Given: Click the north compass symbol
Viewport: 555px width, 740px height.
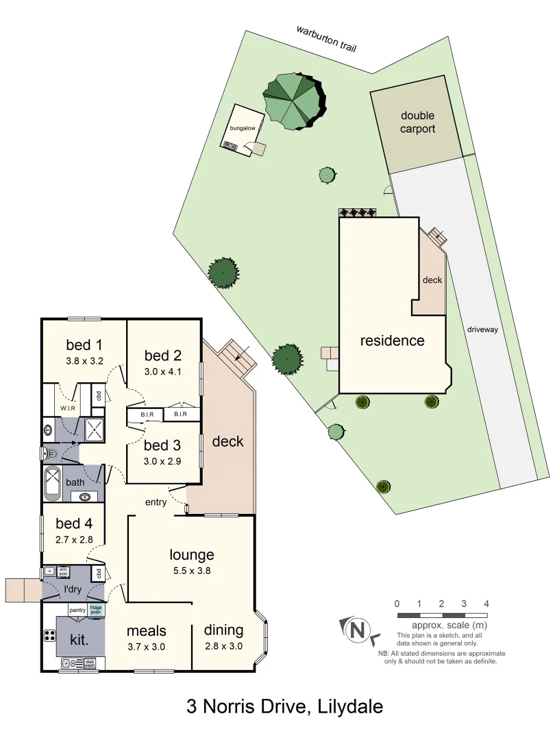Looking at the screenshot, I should point(357,629).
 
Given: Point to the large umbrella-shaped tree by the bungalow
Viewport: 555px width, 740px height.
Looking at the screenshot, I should point(295,101).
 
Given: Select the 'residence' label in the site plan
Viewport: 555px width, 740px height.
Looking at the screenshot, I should point(393,341).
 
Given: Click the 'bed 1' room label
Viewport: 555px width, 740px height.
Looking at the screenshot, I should point(84,344).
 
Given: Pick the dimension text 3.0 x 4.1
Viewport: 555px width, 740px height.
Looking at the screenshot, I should point(162,372).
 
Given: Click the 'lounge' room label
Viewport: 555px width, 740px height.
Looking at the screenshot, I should point(192,555).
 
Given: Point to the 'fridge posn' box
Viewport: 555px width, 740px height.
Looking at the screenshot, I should point(97,608).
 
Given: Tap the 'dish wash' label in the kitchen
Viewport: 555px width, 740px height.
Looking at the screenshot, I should point(90,663).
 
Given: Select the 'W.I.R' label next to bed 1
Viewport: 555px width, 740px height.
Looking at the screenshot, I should point(67,408).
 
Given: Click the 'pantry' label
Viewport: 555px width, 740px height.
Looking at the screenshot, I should point(77,609).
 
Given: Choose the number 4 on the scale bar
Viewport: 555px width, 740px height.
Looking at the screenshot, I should point(486,604).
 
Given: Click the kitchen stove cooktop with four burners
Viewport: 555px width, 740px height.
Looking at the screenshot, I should point(50,635).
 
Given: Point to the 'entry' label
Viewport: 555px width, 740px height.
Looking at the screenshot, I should point(156,502).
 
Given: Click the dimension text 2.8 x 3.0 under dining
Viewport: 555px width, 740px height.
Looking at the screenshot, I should point(223,646).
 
